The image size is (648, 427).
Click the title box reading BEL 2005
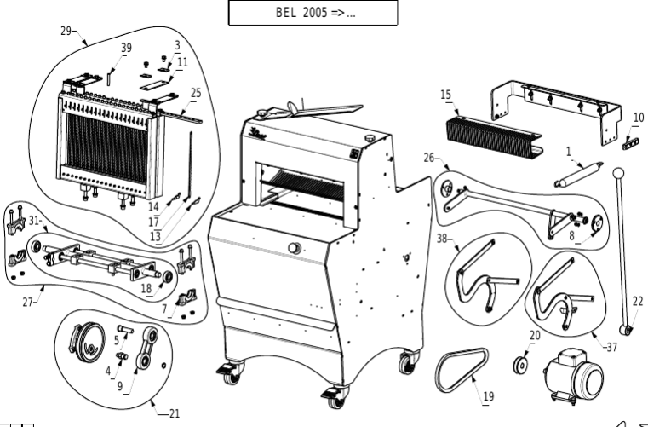pyautogui.click(x=313, y=13)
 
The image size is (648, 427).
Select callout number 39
pyautogui.click(x=126, y=49)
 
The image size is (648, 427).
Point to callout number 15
pyautogui.click(x=445, y=95)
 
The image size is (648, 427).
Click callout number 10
pyautogui.click(x=638, y=118)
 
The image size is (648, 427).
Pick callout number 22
pyautogui.click(x=638, y=301)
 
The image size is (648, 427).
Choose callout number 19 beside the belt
pyautogui.click(x=489, y=395)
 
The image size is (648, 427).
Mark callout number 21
pyautogui.click(x=174, y=413)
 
